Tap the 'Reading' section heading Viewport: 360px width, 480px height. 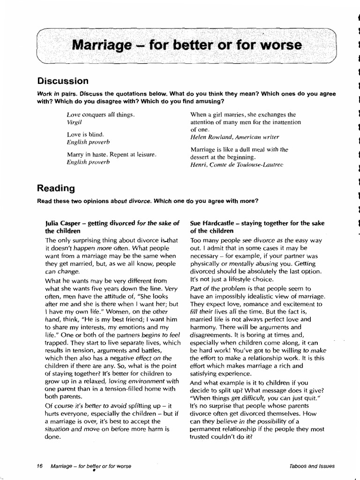tap(56, 188)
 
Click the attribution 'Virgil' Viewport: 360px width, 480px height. tap(74, 121)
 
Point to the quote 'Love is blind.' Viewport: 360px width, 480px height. tap(85, 134)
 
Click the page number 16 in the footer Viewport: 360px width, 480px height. tap(39, 466)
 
